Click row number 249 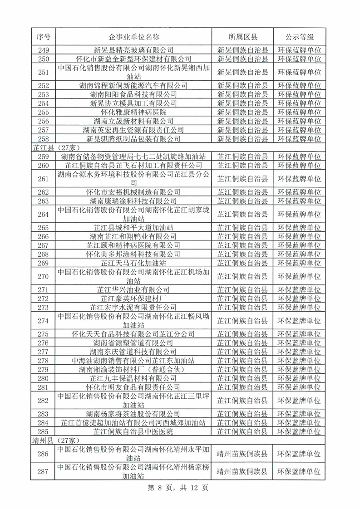click(43, 50)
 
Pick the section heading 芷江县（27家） click(51, 148)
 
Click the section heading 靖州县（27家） click(51, 440)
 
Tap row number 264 click(43, 214)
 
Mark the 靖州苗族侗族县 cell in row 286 click(242, 453)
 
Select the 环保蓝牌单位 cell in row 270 click(299, 276)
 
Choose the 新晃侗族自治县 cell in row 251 click(242, 72)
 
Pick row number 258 click(43, 138)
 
